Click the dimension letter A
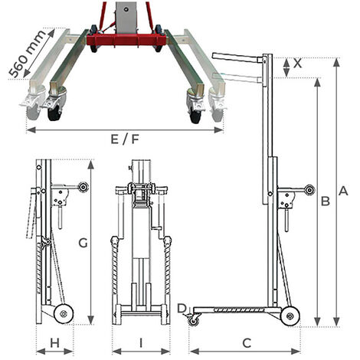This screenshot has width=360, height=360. [343, 191]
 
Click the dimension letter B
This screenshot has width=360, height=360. [326, 201]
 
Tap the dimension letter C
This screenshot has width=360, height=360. [247, 343]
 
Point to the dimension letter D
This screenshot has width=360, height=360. [182, 308]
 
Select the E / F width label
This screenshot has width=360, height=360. [125, 139]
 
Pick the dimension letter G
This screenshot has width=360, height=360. [83, 243]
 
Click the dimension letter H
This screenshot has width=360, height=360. [54, 343]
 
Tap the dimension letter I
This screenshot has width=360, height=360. [141, 343]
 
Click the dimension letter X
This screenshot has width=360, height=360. [297, 64]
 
